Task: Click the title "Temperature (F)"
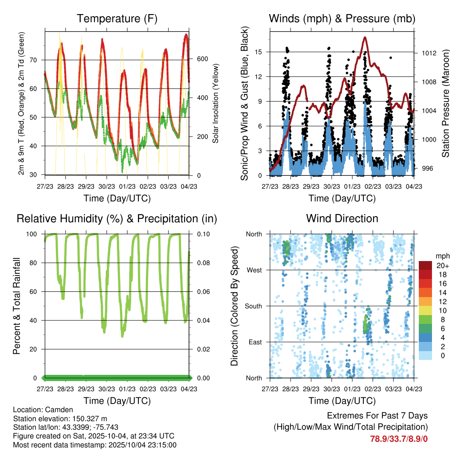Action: pyautogui.click(x=117, y=19)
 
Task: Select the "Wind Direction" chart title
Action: pyautogui.click(x=342, y=218)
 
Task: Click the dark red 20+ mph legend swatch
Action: pyautogui.click(x=425, y=265)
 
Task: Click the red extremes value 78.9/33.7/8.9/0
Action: pyautogui.click(x=399, y=439)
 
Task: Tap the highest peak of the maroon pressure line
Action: pyautogui.click(x=365, y=37)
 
